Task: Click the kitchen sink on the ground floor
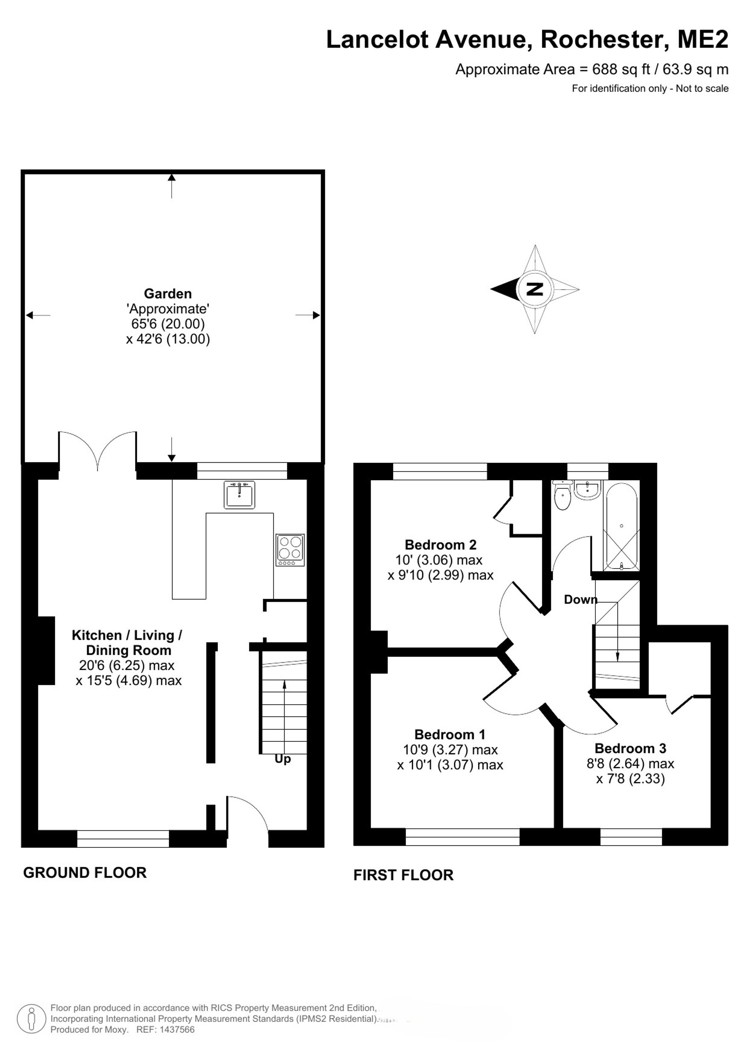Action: (239, 495)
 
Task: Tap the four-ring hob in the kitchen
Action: (290, 550)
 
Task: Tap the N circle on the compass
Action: (535, 289)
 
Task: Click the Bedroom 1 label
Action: (450, 734)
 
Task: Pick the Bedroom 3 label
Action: (630, 748)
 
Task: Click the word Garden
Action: (168, 293)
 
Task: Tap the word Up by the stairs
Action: (283, 759)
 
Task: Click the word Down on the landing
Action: (581, 600)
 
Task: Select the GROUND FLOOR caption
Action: (85, 872)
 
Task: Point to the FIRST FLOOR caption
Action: (404, 875)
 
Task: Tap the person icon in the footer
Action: (31, 1019)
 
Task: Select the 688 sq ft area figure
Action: (621, 70)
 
